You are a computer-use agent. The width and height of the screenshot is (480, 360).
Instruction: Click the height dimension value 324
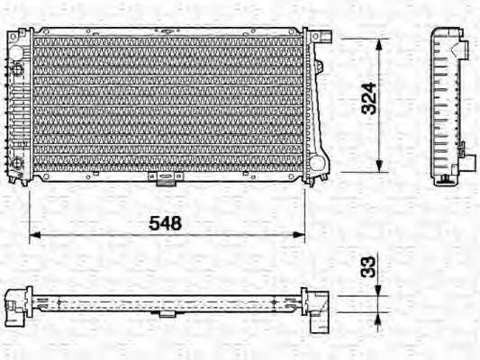(368, 104)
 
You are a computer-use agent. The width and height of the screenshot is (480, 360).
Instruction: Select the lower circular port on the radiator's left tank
(17, 162)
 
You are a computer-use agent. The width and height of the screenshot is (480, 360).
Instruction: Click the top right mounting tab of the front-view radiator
(325, 39)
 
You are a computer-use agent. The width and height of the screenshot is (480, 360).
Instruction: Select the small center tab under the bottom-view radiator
(167, 313)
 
